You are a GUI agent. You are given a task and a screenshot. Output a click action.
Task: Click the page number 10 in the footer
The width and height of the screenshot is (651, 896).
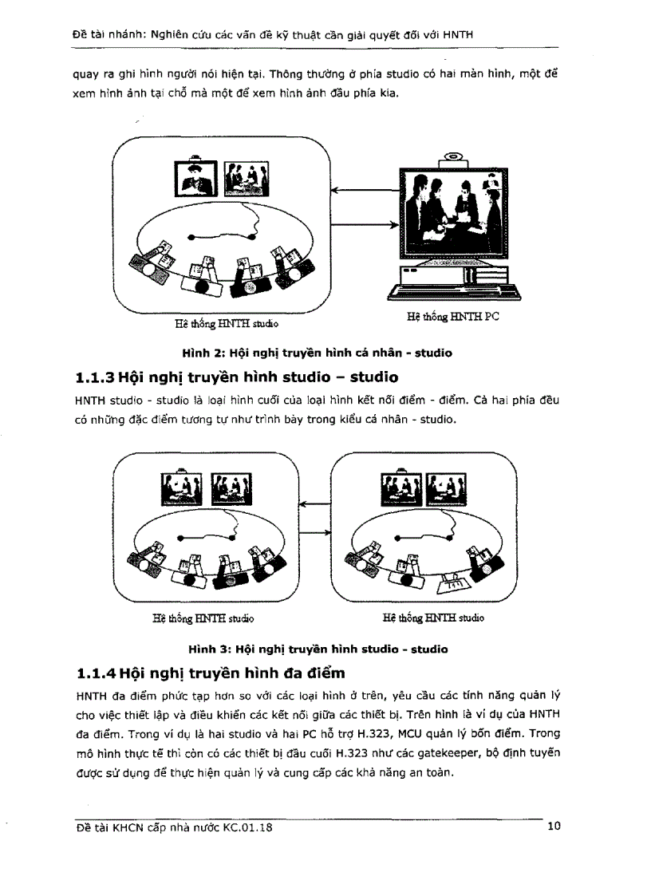tap(554, 827)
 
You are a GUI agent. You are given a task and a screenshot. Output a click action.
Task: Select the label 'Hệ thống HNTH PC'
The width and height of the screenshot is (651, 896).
tap(452, 316)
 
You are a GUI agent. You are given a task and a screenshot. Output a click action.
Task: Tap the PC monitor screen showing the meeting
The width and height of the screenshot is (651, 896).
tap(453, 211)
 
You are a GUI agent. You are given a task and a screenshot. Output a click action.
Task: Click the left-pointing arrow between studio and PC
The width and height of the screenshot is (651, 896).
tap(363, 189)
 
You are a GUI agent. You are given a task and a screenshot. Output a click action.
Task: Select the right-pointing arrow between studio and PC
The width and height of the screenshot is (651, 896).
tap(363, 224)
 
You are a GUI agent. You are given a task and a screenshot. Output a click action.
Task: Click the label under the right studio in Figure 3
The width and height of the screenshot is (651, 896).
tap(433, 617)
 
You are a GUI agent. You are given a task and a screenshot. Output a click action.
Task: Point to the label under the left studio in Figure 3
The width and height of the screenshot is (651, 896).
tap(203, 617)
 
